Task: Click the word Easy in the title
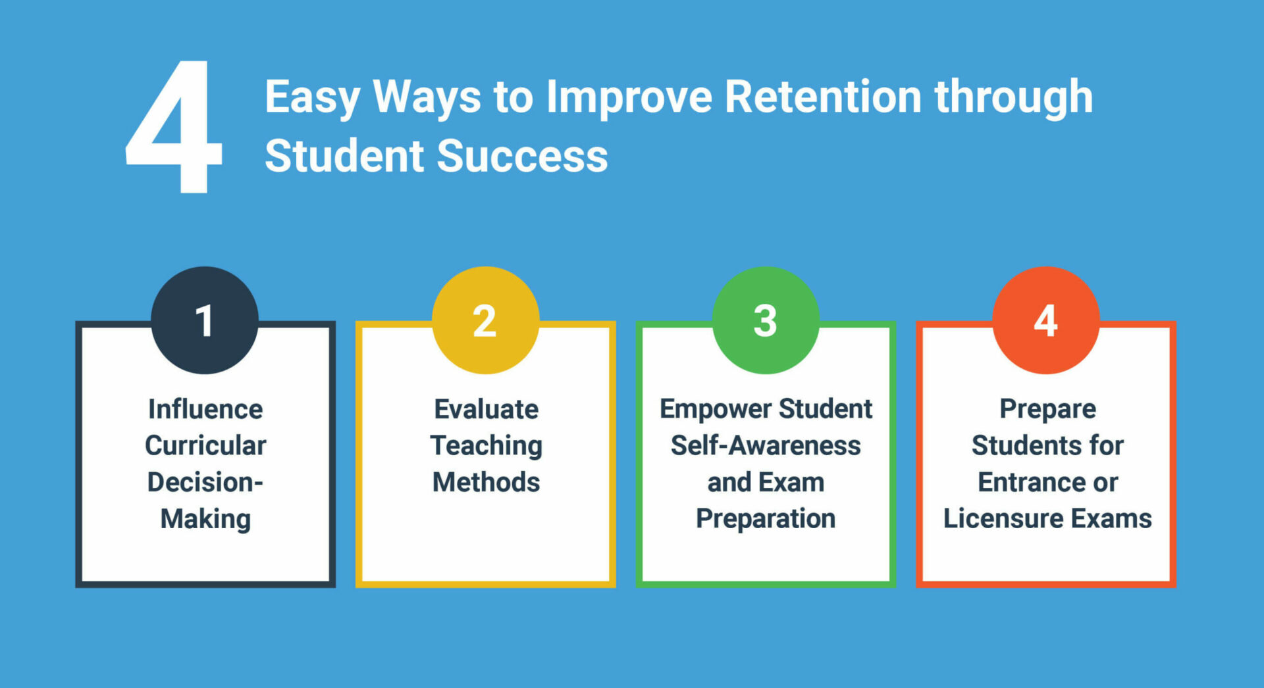pos(312,97)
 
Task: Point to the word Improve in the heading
pos(629,97)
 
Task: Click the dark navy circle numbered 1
pos(205,320)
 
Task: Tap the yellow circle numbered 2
pos(485,320)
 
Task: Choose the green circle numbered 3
pos(766,320)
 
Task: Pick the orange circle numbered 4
pos(1046,320)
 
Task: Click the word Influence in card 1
pos(205,409)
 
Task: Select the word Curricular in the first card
pos(205,445)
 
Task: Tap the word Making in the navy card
pos(205,519)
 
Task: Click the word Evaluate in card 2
pos(486,409)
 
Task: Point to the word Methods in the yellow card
pos(486,482)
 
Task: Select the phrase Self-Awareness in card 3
pos(766,445)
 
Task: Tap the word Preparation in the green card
pos(766,519)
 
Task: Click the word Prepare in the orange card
pos(1047,409)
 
